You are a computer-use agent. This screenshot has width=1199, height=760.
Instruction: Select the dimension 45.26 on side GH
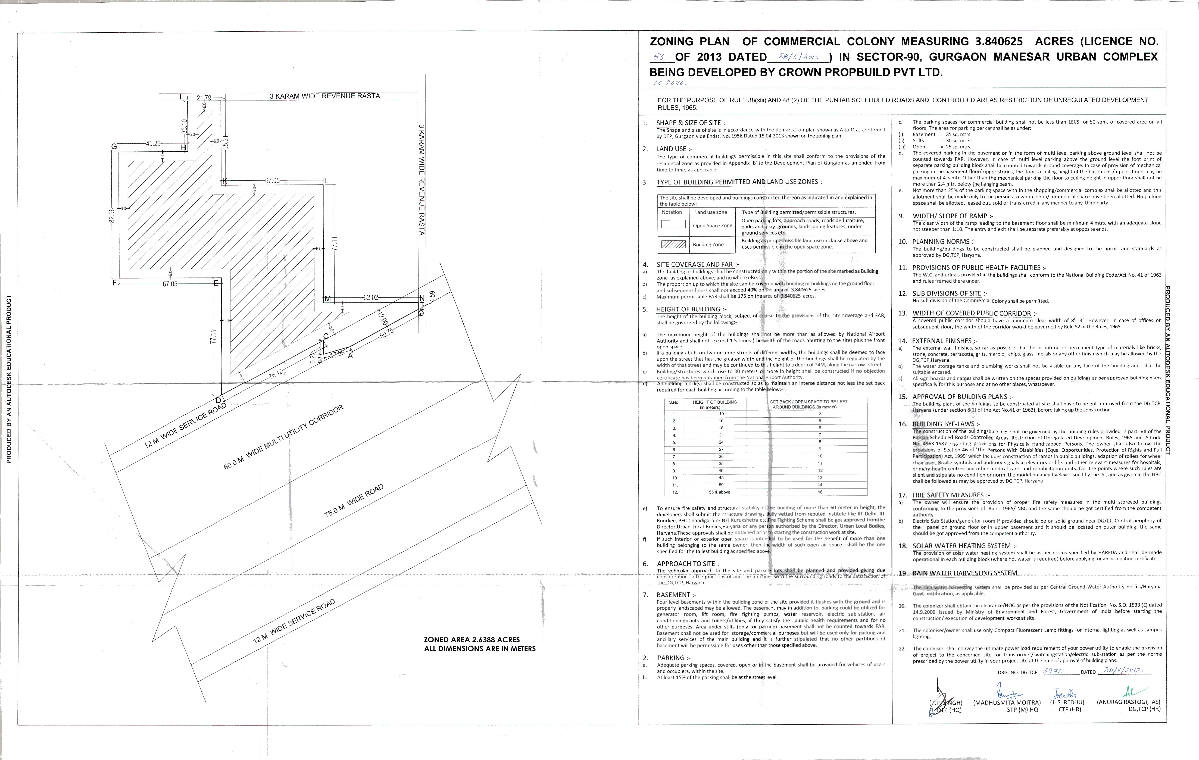point(153,143)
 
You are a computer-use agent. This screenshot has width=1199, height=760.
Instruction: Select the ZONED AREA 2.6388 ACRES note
point(472,639)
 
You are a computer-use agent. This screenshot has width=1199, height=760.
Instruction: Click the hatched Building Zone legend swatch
point(673,244)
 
